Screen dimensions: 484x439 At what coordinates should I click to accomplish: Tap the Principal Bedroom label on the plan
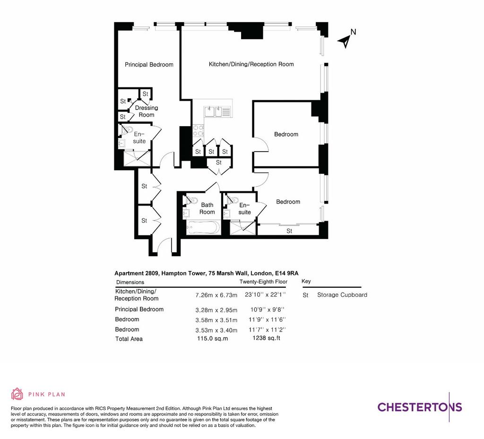pyautogui.click(x=149, y=64)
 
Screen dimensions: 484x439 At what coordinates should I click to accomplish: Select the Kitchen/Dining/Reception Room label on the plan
pyautogui.click(x=251, y=64)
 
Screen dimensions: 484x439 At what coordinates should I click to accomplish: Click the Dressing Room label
pyautogui.click(x=147, y=111)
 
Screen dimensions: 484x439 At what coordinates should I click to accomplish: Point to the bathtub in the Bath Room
pyautogui.click(x=203, y=228)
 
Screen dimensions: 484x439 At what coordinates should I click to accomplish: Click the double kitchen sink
pyautogui.click(x=213, y=112)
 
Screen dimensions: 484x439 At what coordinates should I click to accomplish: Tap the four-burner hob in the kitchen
pyautogui.click(x=198, y=130)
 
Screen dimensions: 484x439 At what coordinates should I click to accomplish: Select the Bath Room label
pyautogui.click(x=207, y=208)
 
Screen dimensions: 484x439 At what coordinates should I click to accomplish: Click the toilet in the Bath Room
pyautogui.click(x=191, y=200)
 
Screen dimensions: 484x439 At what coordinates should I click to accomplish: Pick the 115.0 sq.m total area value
pyautogui.click(x=213, y=338)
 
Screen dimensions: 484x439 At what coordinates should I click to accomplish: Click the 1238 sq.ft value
pyautogui.click(x=267, y=338)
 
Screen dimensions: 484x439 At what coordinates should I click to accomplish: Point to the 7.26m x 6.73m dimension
pyautogui.click(x=216, y=295)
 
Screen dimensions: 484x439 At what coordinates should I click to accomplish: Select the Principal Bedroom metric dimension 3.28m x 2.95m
pyautogui.click(x=216, y=310)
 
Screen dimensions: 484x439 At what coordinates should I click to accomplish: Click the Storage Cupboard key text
pyautogui.click(x=342, y=294)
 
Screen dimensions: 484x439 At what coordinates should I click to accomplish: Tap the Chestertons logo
pyautogui.click(x=420, y=407)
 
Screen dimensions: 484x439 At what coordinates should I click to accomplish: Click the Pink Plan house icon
pyautogui.click(x=17, y=394)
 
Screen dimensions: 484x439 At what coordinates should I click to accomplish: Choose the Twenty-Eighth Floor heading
pyautogui.click(x=263, y=282)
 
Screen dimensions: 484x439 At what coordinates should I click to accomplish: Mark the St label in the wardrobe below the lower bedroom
pyautogui.click(x=289, y=231)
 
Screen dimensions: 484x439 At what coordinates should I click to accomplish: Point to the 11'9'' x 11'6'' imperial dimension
pyautogui.click(x=268, y=319)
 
